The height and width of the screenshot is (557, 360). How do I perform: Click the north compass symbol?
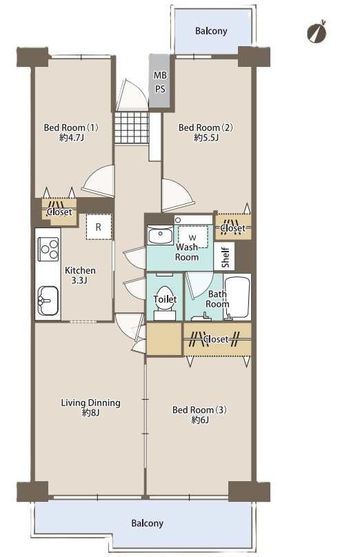coord(317,32)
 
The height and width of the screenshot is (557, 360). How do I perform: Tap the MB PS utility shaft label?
coord(160,82)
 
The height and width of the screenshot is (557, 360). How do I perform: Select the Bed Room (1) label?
coord(71,127)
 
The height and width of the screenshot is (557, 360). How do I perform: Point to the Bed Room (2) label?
coord(206,127)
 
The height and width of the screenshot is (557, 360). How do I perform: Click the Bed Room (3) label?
coord(200,410)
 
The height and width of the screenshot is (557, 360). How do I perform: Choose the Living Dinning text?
coord(90,403)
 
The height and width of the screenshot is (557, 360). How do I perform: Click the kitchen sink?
coord(48,301)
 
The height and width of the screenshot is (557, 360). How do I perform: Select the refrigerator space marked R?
coord(99,227)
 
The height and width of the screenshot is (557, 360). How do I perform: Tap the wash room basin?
coord(160,235)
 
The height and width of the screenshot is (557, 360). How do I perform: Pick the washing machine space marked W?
coord(192,237)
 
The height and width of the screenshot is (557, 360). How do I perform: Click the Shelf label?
coord(226,257)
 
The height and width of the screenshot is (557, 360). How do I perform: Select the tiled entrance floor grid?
coord(132,128)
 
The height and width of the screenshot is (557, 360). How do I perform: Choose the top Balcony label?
coord(211,31)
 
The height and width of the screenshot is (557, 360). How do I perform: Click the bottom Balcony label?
coord(147,523)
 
